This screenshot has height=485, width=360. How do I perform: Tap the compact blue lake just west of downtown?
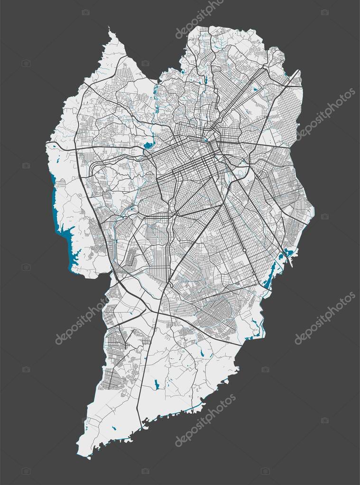click(x=149, y=145)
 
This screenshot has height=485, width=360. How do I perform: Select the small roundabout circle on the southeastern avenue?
click(x=244, y=250)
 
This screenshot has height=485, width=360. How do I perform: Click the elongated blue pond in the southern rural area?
click(x=157, y=384)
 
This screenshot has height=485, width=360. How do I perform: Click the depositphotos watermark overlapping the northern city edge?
click(x=199, y=19)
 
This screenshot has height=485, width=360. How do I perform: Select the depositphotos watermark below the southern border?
click(x=205, y=420)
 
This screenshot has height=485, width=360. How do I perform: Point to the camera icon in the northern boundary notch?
click(x=145, y=63)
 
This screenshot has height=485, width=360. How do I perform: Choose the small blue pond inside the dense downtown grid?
click(x=205, y=139)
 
